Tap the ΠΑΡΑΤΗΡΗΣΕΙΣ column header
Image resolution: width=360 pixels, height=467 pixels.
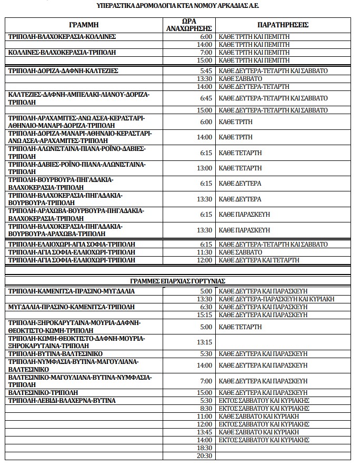[x=283, y=25]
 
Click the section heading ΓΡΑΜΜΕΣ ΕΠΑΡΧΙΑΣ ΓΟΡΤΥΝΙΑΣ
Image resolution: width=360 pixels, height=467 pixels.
[x=178, y=281]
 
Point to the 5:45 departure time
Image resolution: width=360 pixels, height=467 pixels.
[x=206, y=70]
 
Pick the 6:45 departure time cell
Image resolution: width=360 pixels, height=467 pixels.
[x=206, y=98]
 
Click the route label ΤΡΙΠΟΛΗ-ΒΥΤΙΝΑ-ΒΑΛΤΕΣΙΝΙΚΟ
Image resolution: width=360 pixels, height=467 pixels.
[x=55, y=354]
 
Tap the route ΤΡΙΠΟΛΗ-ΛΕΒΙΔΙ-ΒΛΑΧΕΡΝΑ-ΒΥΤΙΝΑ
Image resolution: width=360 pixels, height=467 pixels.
[x=62, y=400]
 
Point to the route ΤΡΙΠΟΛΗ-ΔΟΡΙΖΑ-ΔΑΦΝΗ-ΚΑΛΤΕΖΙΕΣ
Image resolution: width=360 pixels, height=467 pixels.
[x=63, y=70]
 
